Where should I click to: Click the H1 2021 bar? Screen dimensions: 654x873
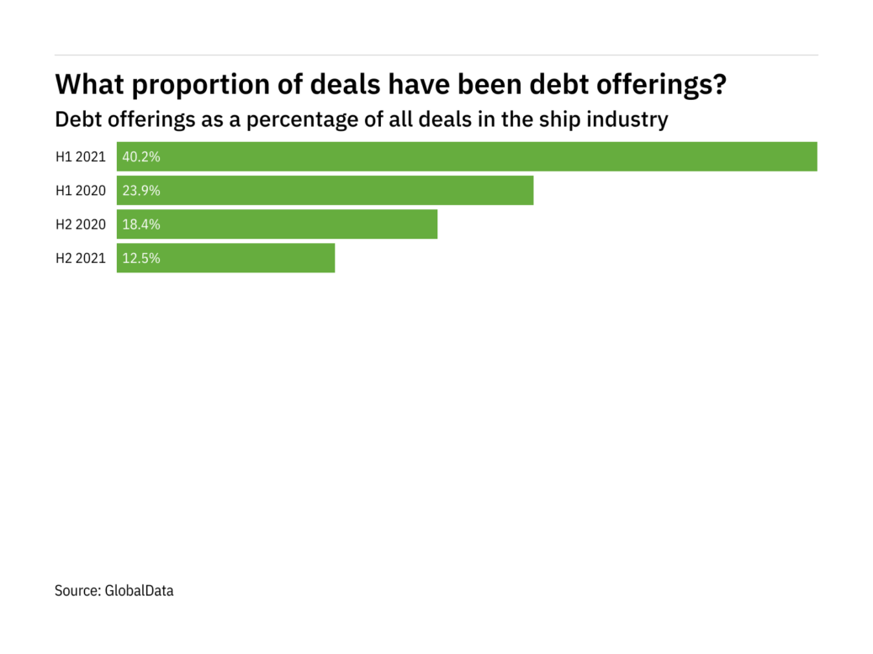[x=467, y=156]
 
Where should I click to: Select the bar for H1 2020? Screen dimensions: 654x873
[x=325, y=190]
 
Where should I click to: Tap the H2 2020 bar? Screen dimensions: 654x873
[x=277, y=224]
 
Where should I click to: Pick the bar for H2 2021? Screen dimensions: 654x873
[x=225, y=258]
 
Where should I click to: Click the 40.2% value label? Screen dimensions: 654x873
[x=141, y=156]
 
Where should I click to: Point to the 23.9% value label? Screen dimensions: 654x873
[x=141, y=190]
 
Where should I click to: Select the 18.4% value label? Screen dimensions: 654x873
[x=141, y=224]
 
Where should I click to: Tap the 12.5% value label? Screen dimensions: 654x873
[x=141, y=258]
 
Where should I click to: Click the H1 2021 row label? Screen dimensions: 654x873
[x=81, y=156]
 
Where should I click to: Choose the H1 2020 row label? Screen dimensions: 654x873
[x=81, y=190]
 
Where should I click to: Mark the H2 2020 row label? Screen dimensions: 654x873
[x=81, y=224]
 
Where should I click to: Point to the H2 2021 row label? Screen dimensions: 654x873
[x=81, y=258]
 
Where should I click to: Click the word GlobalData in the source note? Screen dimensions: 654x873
[x=139, y=591]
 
